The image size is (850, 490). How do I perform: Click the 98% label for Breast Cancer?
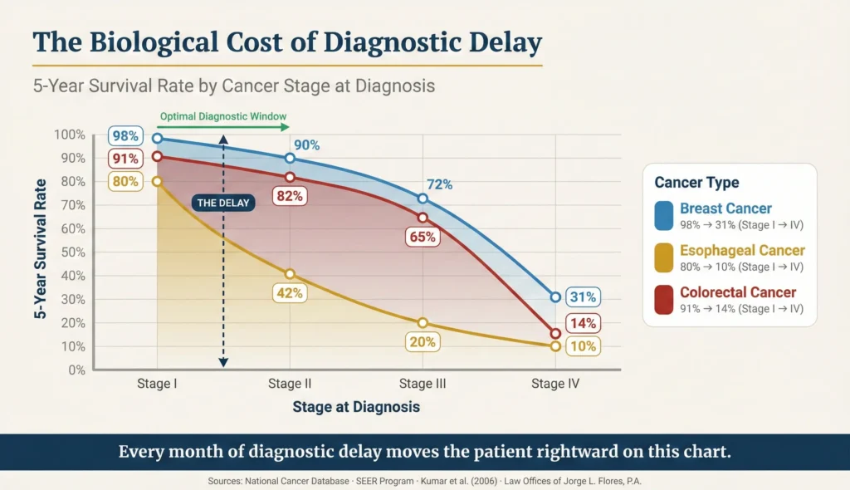pyautogui.click(x=126, y=135)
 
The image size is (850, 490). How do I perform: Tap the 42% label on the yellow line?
pyautogui.click(x=291, y=293)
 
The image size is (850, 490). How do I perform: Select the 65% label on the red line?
pyautogui.click(x=423, y=237)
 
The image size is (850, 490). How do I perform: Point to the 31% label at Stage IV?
pyautogui.click(x=583, y=297)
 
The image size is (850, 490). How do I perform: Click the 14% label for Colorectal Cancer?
pyautogui.click(x=583, y=323)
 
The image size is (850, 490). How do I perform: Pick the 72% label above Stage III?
pyautogui.click(x=440, y=184)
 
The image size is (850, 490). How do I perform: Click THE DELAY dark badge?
pyautogui.click(x=223, y=202)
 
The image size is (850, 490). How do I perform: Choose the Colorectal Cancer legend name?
pyautogui.click(x=737, y=292)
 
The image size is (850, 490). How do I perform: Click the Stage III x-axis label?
pyautogui.click(x=423, y=384)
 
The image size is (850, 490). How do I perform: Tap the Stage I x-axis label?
pyautogui.click(x=158, y=384)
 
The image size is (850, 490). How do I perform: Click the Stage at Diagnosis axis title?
pyautogui.click(x=356, y=407)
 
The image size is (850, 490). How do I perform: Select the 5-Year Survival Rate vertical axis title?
pyautogui.click(x=39, y=252)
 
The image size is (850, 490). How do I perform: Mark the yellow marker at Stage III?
pyautogui.click(x=423, y=323)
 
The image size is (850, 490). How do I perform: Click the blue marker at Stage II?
pyautogui.click(x=290, y=159)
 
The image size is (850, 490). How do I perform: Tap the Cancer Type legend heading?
pyautogui.click(x=696, y=183)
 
